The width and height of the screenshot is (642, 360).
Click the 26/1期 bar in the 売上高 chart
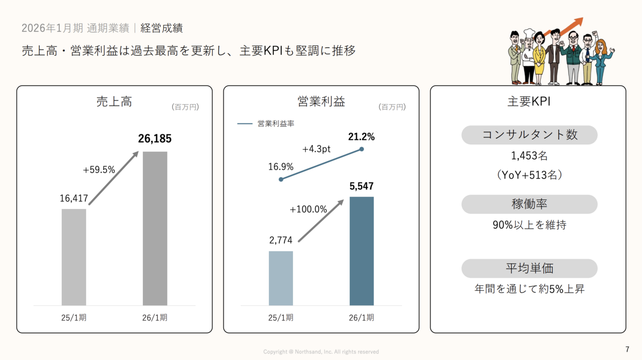(155, 228)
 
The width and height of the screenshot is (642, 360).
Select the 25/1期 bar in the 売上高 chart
(74, 257)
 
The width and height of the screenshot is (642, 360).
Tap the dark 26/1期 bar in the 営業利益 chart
(362, 251)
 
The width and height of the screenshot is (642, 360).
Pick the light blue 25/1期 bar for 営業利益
(281, 278)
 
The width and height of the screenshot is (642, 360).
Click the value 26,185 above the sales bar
(154, 139)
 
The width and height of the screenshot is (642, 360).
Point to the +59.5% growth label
(99, 170)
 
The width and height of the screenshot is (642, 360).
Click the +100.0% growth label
(308, 210)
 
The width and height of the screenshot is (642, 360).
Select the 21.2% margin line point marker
(362, 149)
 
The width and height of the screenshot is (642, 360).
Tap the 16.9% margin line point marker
(281, 179)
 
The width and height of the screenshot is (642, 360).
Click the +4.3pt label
(316, 149)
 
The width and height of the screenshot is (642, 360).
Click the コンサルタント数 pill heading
(529, 135)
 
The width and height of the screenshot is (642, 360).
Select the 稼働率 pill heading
(529, 204)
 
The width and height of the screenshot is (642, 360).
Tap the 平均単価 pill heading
(529, 268)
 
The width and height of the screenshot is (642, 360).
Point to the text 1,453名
(529, 156)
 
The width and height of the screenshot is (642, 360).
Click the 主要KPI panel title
(529, 102)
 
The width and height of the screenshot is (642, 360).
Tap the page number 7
(627, 349)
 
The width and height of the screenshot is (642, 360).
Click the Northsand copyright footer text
(321, 352)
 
